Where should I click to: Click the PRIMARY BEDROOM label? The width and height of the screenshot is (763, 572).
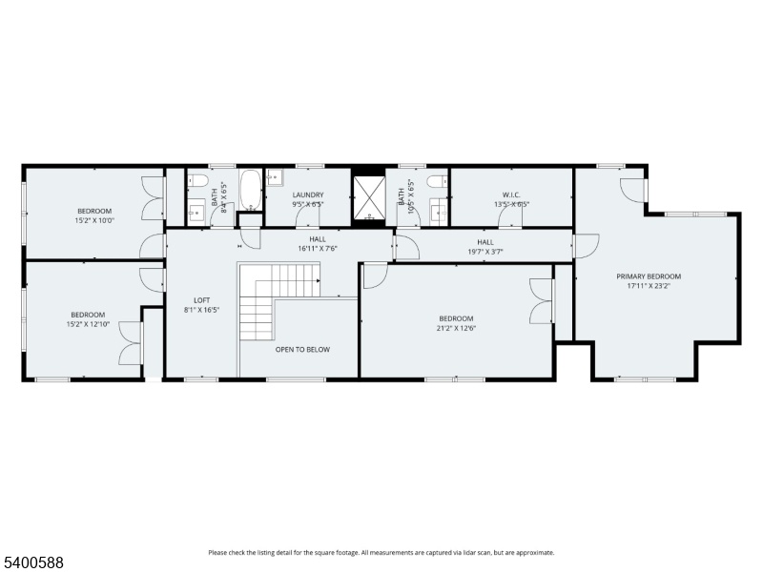tap(649, 276)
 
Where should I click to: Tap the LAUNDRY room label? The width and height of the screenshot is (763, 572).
tap(308, 195)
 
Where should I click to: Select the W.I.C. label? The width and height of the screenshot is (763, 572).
tap(511, 195)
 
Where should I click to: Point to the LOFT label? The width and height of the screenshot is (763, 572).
tap(201, 300)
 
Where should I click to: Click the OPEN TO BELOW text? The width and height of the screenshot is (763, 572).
tap(302, 349)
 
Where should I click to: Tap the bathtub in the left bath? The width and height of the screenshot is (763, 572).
tap(251, 190)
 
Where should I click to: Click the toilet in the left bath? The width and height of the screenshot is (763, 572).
tap(198, 181)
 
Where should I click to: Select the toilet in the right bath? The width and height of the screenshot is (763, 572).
tap(437, 181)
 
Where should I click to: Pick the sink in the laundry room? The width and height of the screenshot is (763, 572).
tap(275, 177)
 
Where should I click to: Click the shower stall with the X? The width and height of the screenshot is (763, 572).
tap(369, 197)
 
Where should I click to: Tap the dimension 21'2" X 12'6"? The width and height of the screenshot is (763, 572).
tap(456, 328)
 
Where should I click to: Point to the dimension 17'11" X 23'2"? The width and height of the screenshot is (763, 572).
tap(649, 286)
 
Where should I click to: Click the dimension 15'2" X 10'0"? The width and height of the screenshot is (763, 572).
tap(94, 220)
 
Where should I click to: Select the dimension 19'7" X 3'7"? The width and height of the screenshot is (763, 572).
tap(485, 252)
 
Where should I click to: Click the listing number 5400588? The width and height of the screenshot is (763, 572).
tap(32, 562)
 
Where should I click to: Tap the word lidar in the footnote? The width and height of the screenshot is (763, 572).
tap(484, 553)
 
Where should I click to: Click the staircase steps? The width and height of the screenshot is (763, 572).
tap(279, 301)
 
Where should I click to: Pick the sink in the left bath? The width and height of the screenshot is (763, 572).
tap(197, 213)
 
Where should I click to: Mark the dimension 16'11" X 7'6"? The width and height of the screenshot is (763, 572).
tap(318, 249)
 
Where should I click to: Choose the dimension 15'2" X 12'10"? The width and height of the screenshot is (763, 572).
tap(88, 324)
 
